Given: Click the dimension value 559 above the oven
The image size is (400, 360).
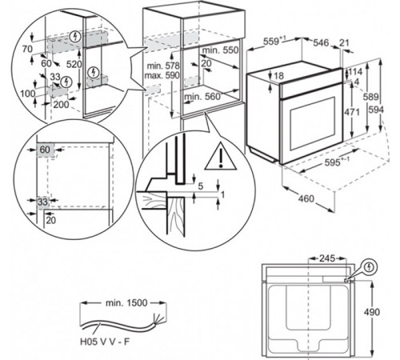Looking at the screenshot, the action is click(272, 42).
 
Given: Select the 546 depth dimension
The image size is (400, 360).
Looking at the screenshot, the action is click(321, 42).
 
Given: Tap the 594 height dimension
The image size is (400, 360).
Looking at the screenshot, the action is click(376, 110).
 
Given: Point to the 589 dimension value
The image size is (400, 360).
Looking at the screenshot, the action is click(370, 97).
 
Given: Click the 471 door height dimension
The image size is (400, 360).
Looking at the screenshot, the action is click(352, 112).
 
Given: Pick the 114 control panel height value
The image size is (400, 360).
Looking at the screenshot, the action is click(355, 71).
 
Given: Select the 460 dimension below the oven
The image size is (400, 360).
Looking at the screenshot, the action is click(306, 198).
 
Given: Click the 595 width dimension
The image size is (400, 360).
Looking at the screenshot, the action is click(333, 162).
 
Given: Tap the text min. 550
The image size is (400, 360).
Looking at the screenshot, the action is click(220, 50).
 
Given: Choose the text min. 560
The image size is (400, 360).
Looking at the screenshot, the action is click(202, 97).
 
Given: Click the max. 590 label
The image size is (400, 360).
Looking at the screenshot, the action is click(162, 75).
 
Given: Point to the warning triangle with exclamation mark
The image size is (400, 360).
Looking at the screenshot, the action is click(221, 156).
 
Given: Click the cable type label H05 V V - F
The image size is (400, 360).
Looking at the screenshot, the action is click(105, 342).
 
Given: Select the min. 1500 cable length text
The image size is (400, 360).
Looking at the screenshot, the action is click(126, 303).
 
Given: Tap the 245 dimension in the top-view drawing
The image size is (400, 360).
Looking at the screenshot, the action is click(327, 258).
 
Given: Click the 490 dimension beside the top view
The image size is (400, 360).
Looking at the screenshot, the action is click(372, 312).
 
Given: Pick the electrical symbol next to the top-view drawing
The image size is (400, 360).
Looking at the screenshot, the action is click(370, 267).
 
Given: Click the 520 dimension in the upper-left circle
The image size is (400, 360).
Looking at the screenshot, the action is click(74, 64).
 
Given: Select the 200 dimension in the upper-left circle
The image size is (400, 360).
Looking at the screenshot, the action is click(61, 104).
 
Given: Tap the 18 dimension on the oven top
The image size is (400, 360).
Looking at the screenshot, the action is click(278, 76).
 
